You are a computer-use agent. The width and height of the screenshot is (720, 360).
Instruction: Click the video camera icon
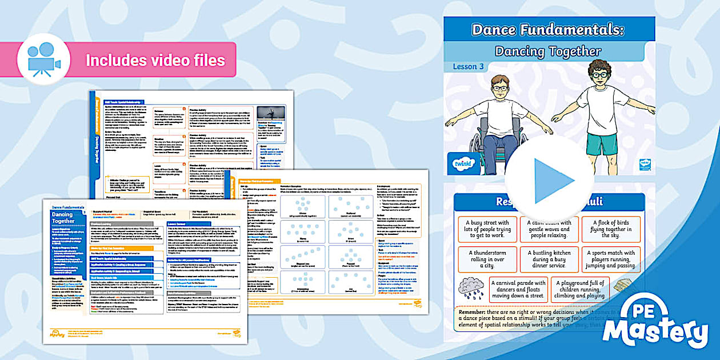pyautogui.click(x=43, y=59)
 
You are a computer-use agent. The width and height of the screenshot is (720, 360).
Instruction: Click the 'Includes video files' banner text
pyautogui.click(x=155, y=60)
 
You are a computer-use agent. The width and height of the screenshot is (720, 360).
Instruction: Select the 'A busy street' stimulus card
pyautogui.click(x=487, y=229)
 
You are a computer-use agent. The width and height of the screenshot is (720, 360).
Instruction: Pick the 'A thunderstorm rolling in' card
pyautogui.click(x=487, y=259)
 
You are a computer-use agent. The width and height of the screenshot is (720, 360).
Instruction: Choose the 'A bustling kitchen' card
pyautogui.click(x=549, y=259)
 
